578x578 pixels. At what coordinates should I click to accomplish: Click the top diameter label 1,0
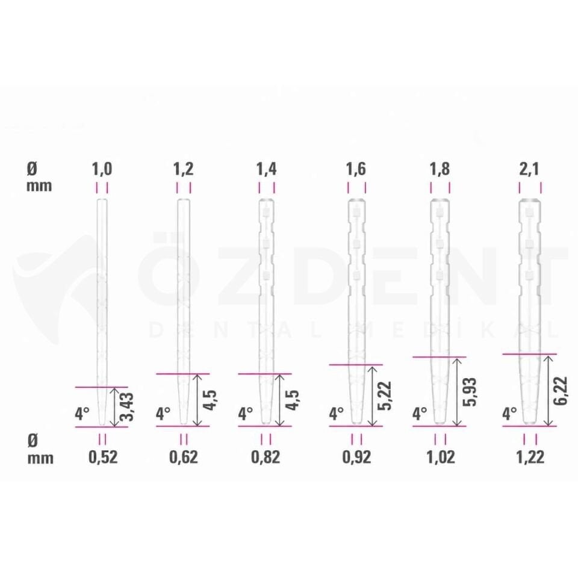(102, 170)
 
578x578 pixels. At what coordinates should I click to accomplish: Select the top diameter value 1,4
(267, 170)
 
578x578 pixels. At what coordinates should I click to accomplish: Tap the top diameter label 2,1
(529, 170)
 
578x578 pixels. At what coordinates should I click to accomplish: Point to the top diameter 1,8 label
(440, 170)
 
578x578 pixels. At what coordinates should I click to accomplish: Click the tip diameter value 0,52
(103, 457)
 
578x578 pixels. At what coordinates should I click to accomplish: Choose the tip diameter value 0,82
(266, 457)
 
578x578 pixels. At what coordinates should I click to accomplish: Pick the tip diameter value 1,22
(530, 457)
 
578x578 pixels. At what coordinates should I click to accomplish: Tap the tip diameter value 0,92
(356, 457)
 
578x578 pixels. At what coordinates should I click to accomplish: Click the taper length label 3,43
(128, 406)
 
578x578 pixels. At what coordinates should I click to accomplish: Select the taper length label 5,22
(385, 396)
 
